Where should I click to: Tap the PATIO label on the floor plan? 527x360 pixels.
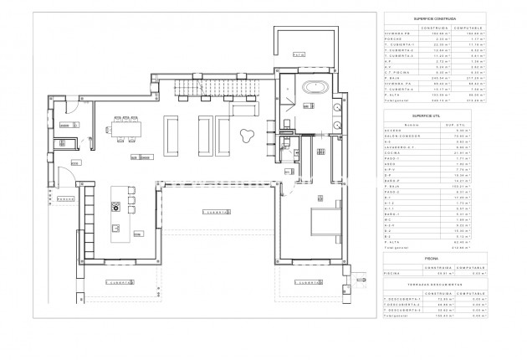click(x=299, y=54)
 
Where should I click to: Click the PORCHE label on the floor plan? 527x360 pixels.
click(x=67, y=200)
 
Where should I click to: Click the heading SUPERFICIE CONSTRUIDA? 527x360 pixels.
click(x=439, y=18)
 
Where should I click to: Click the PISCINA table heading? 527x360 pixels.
click(x=439, y=260)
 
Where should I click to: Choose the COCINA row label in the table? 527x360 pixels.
click(x=392, y=152)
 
